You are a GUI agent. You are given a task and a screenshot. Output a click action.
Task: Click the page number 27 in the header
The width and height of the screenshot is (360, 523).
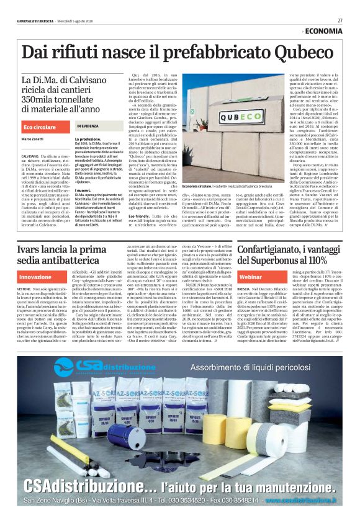pos(340,20)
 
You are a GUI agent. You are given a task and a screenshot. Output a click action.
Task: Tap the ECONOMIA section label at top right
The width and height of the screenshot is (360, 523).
pos(323,31)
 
